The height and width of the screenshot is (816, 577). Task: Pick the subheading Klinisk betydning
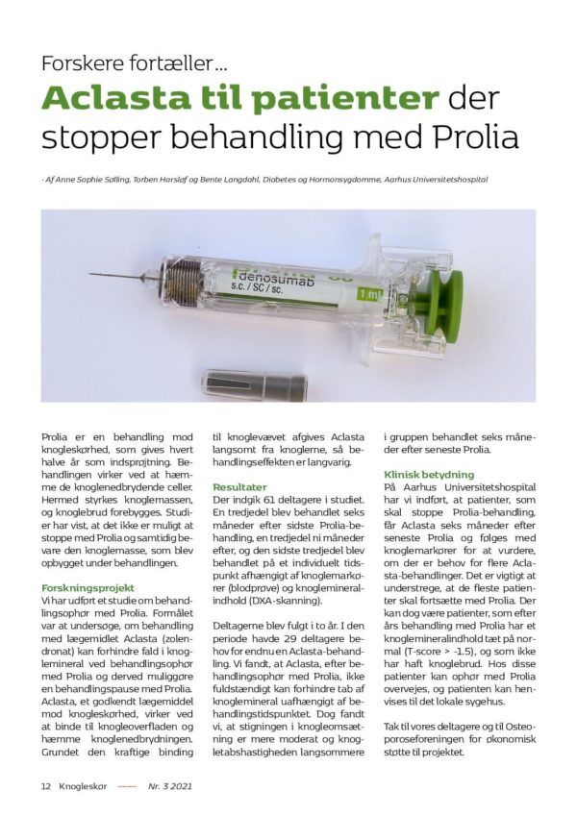point(429,475)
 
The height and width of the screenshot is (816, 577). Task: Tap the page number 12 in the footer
point(45,785)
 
